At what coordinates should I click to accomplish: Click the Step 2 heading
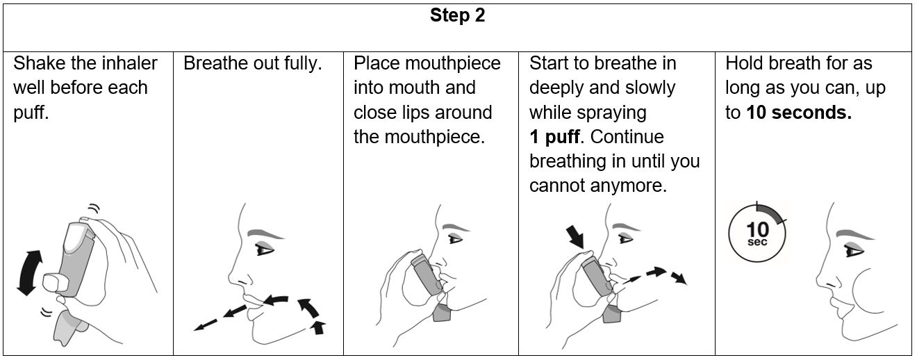point(457,15)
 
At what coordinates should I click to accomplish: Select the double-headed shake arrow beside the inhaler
point(29,272)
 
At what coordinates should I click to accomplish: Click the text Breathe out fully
point(253,64)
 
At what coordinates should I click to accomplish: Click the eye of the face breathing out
point(264,249)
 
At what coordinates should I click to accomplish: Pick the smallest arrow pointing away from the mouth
point(206,325)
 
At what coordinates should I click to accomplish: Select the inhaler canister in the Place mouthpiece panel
point(426,273)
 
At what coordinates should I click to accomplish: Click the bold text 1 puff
point(554,137)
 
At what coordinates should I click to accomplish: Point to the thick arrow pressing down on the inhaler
point(576,237)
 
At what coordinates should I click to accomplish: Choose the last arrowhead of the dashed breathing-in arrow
point(679,278)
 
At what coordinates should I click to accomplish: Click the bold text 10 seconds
point(799,113)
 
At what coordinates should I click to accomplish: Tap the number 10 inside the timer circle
point(757,229)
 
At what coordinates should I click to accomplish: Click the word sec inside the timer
point(757,242)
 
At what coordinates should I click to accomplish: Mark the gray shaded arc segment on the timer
point(772,212)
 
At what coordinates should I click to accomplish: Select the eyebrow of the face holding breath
point(854,235)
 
